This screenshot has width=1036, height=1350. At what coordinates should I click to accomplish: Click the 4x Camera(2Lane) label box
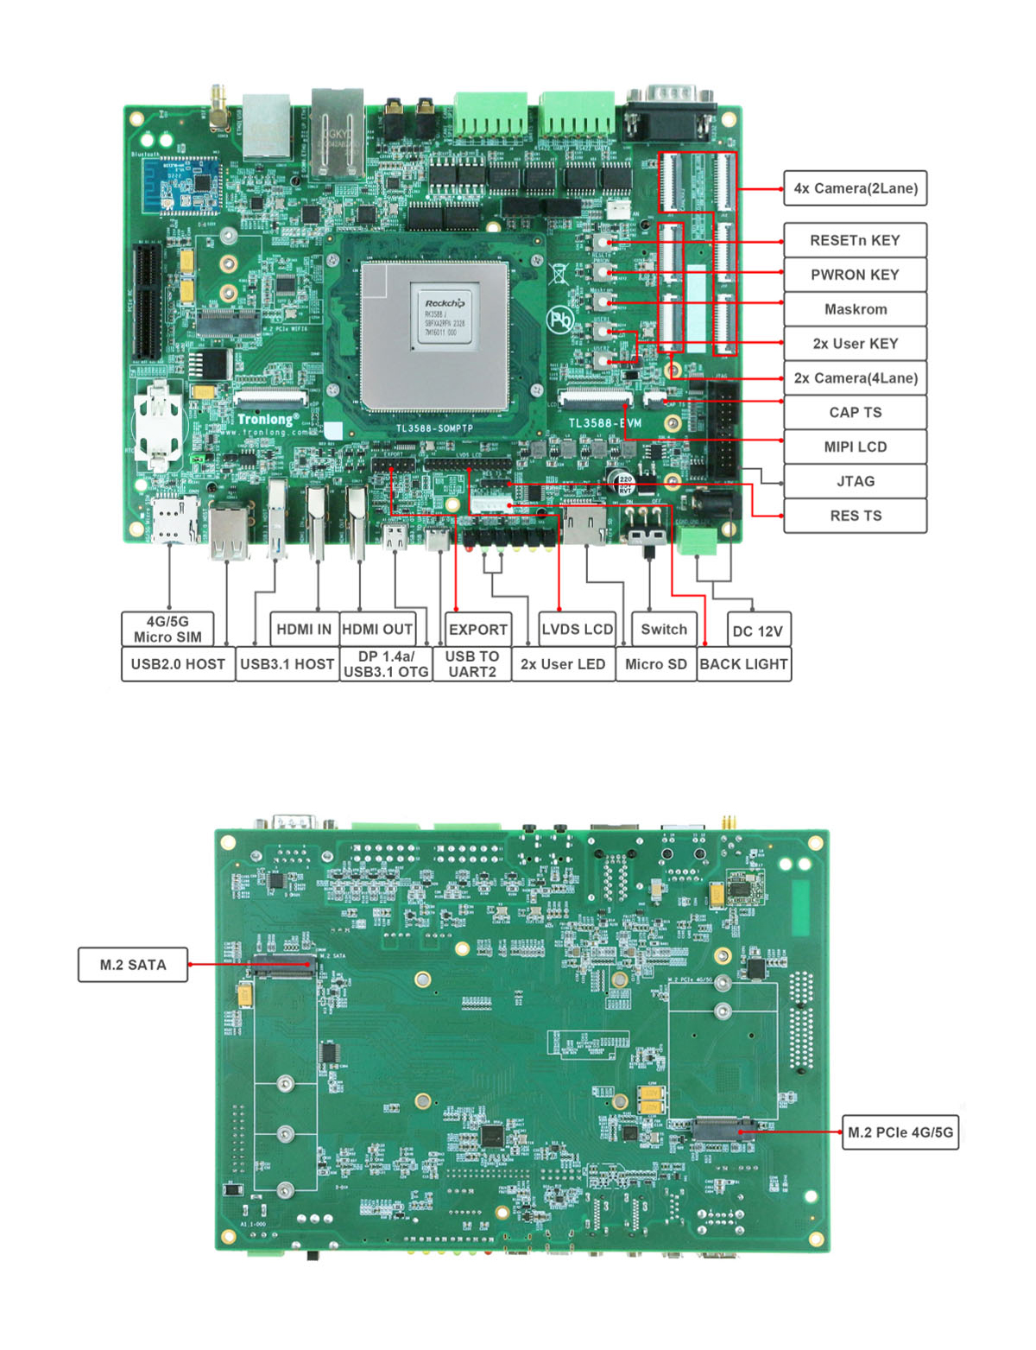click(x=855, y=188)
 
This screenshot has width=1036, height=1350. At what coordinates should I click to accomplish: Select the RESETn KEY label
click(x=855, y=240)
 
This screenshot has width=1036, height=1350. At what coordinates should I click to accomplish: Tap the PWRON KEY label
click(x=855, y=275)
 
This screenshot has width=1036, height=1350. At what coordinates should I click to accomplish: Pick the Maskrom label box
click(x=855, y=309)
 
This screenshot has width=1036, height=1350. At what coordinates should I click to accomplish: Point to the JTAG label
click(x=855, y=481)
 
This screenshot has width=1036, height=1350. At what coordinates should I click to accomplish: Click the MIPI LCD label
click(x=855, y=447)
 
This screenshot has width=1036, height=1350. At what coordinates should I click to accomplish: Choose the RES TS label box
click(x=855, y=516)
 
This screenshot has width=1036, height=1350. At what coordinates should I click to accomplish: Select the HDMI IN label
click(x=303, y=629)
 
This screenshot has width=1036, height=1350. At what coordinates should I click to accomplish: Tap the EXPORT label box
click(x=477, y=629)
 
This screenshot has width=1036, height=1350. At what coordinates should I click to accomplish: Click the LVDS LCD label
click(x=577, y=629)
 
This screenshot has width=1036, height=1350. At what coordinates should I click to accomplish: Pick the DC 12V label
click(x=757, y=631)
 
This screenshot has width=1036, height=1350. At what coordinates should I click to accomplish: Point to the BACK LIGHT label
click(x=743, y=664)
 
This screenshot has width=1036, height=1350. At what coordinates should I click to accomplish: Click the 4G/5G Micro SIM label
click(x=167, y=629)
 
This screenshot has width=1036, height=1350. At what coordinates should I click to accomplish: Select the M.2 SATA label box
click(x=133, y=965)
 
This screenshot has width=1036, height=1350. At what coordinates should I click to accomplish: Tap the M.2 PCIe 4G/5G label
click(x=900, y=1132)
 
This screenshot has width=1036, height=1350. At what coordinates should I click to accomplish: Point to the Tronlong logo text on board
click(x=268, y=420)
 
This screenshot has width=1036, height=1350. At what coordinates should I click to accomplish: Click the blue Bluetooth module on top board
click(x=182, y=186)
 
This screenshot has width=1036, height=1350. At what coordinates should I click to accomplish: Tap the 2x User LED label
click(x=563, y=664)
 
